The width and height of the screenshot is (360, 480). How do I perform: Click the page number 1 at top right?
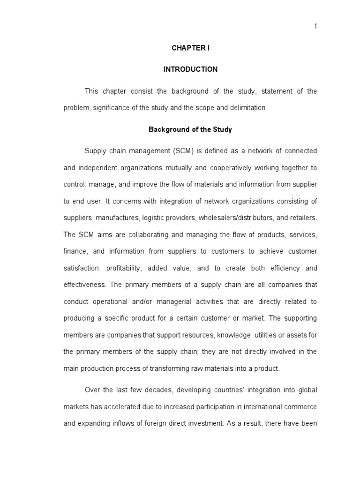click(x=315, y=26)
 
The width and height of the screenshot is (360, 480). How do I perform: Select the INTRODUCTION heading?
click(x=190, y=69)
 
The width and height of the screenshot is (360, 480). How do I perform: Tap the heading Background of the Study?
click(x=190, y=129)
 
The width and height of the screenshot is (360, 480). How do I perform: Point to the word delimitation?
click(x=249, y=108)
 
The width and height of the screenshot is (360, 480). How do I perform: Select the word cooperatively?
click(x=232, y=168)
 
